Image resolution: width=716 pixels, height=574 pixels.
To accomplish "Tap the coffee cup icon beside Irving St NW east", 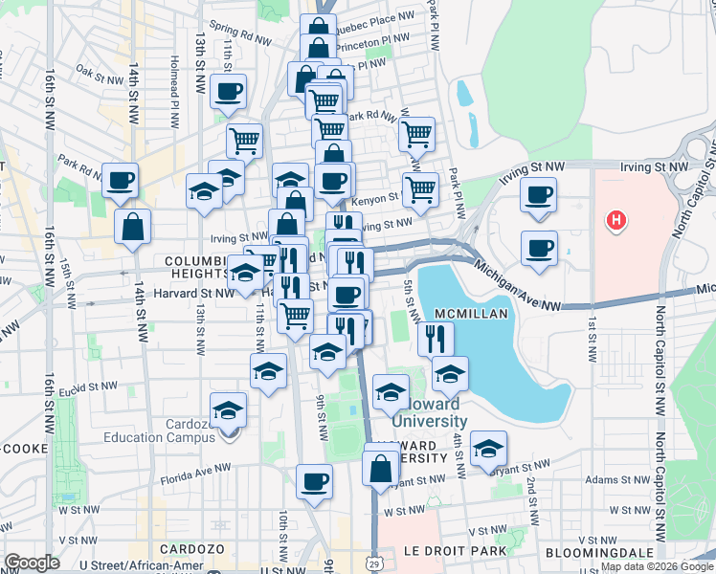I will tap(539, 195).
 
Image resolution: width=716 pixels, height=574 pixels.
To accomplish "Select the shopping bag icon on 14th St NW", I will tap(133, 227).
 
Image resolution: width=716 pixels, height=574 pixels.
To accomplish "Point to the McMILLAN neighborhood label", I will tap(468, 315).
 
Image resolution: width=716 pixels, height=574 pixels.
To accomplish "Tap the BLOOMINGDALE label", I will tap(598, 553).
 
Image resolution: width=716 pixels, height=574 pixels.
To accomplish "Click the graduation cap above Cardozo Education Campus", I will tap(228, 410).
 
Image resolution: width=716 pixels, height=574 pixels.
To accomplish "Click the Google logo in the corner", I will tap(32, 563).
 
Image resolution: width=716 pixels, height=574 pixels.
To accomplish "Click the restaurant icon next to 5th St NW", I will tap(436, 338).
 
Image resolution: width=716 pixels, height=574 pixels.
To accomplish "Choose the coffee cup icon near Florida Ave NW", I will tap(313, 482).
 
